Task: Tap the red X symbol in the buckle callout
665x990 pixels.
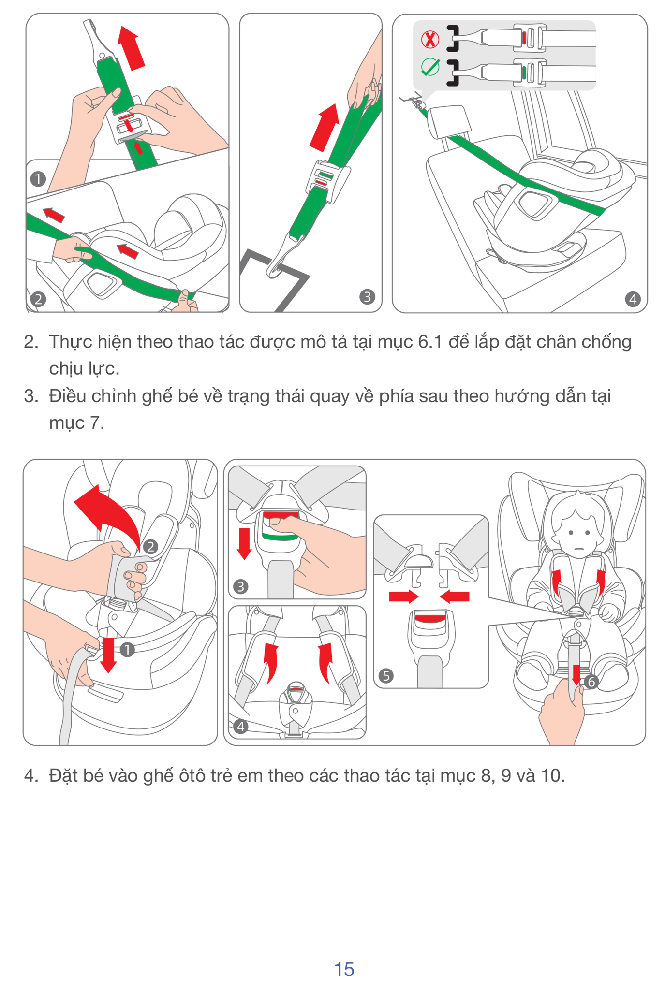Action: coord(429,39)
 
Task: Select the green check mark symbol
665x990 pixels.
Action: coord(430,67)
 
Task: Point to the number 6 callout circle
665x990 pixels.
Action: coord(591,682)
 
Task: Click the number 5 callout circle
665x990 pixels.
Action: coord(385,675)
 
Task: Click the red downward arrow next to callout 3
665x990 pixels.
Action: coord(245,543)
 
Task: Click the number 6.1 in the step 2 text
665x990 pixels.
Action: coord(430,342)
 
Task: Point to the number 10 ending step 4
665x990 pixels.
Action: coord(552,776)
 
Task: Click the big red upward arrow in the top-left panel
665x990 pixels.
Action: coord(131,48)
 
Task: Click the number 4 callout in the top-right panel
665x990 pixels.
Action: coord(633,299)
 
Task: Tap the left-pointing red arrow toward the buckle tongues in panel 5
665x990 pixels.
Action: coord(455,597)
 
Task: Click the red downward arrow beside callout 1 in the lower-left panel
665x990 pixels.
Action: coord(108,655)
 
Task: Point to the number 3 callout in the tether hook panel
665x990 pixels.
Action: coord(367,296)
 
